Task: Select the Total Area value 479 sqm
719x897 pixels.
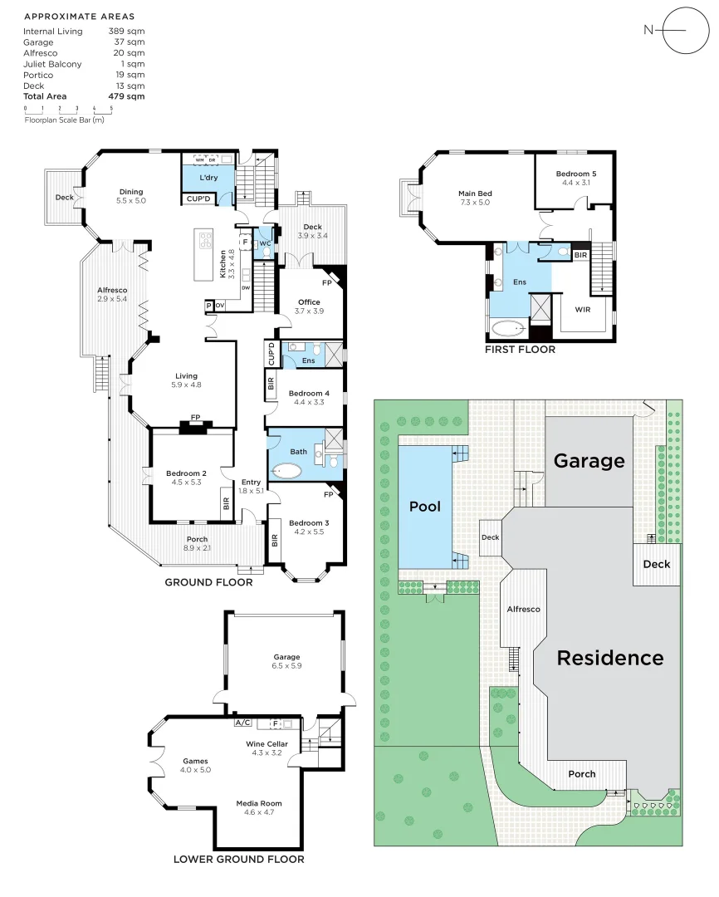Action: point(127,96)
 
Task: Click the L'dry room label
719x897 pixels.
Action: point(208,179)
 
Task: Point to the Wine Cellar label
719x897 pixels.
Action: point(267,743)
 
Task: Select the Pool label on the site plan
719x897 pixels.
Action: point(425,506)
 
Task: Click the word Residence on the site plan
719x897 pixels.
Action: point(609,658)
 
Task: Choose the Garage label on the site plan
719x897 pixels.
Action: point(589,460)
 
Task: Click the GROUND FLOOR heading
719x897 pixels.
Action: point(208,582)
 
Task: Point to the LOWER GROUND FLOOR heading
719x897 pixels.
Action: point(238,859)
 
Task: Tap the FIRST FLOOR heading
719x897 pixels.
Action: point(520,350)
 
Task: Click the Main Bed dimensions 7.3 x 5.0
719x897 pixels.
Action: point(475,202)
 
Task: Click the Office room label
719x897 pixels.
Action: point(308,302)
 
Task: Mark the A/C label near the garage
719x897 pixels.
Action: point(243,723)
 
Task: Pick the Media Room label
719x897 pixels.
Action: point(259,803)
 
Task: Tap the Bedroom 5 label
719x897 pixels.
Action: point(575,174)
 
